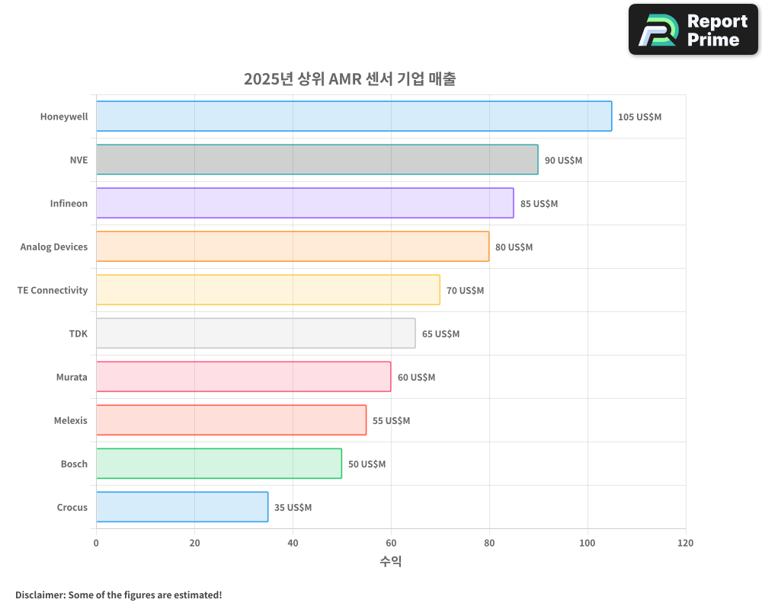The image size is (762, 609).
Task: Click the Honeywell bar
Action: (354, 116)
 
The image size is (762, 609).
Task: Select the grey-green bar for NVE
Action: (317, 160)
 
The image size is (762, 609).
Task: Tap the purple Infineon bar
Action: (305, 203)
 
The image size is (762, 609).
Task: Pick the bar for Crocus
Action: (182, 507)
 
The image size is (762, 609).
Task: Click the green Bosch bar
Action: (219, 464)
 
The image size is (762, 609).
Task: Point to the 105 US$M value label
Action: (639, 117)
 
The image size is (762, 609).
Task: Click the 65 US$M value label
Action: (440, 334)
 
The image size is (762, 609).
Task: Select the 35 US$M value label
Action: (293, 508)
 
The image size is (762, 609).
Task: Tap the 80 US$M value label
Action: (514, 247)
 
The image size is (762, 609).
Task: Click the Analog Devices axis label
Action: (54, 247)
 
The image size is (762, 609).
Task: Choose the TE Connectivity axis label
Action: (53, 290)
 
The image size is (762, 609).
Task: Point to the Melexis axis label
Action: (71, 420)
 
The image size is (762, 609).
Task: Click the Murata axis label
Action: (72, 377)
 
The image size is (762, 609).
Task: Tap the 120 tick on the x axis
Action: (685, 543)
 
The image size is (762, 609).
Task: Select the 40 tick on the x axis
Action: (293, 543)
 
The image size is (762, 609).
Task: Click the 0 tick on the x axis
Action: (96, 543)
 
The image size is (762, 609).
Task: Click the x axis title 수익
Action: (390, 562)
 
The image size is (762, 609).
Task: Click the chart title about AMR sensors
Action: (350, 79)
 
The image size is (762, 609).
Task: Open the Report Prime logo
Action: (693, 30)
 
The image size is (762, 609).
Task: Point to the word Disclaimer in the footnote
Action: (39, 595)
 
